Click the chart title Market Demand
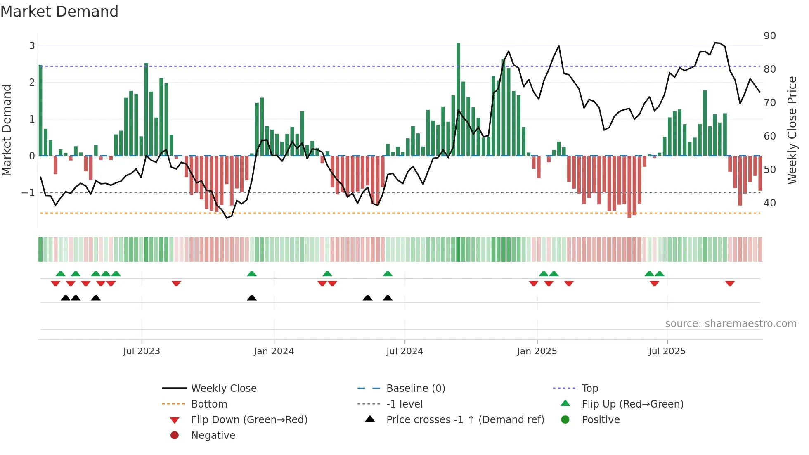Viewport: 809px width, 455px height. point(59,12)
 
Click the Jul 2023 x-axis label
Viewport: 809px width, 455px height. point(142,351)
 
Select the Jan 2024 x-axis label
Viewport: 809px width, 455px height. point(274,351)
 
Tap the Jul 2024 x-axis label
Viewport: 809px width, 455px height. point(404,351)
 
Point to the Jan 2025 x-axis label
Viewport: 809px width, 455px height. point(537,351)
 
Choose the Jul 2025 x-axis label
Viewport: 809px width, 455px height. point(667,351)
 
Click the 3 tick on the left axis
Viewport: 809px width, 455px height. point(32,46)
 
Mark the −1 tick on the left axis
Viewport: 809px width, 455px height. point(28,193)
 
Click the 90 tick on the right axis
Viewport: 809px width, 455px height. point(769,36)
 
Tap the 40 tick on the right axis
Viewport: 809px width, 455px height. point(769,203)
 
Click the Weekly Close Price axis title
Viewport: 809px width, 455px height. point(792,130)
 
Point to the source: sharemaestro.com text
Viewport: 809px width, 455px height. point(731,324)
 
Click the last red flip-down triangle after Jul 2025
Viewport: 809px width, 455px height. point(730,283)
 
